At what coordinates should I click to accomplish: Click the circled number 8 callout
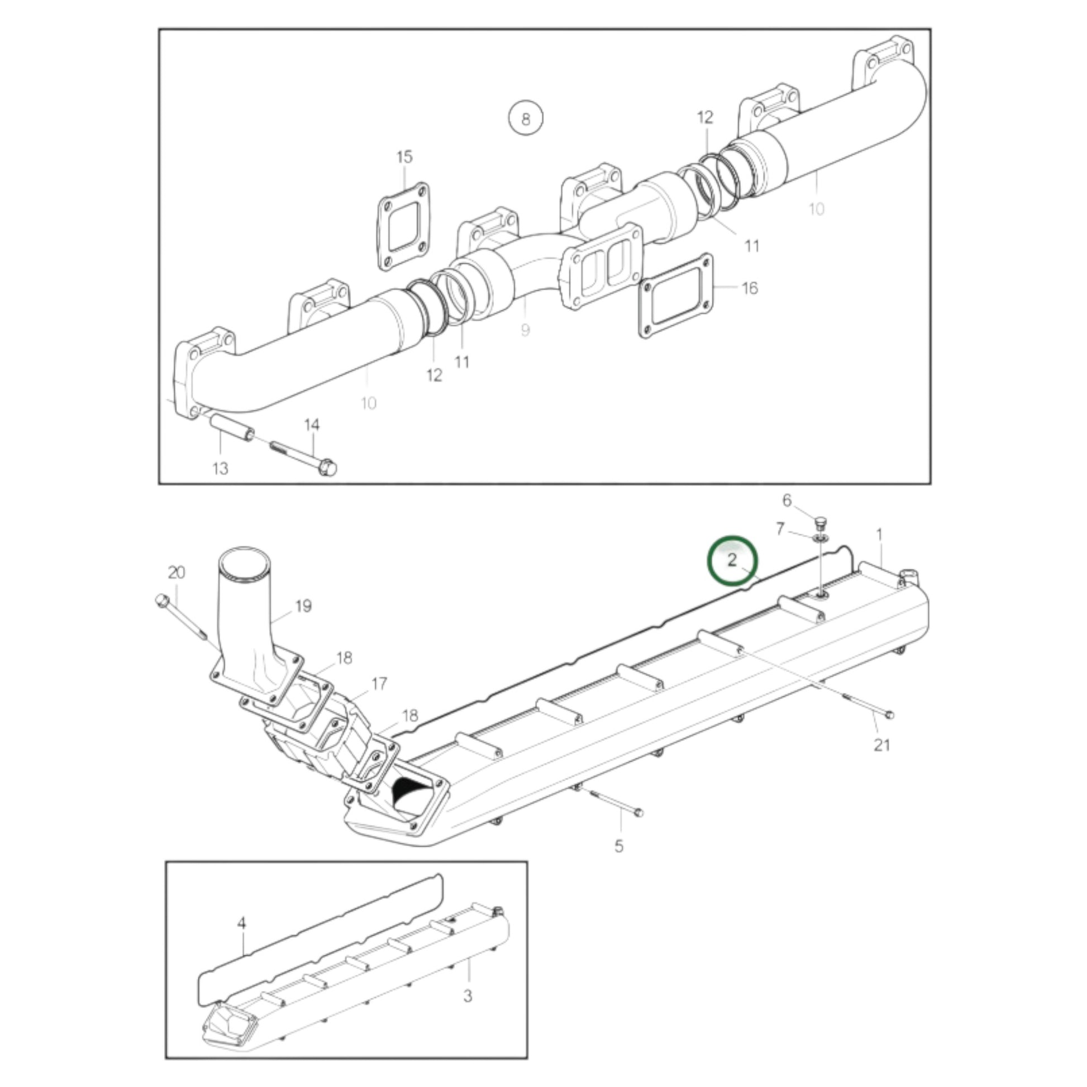[525, 119]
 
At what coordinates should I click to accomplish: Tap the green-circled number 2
[732, 561]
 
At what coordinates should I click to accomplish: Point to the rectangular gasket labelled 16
[676, 296]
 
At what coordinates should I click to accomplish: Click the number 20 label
[176, 573]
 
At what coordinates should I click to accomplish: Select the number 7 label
[780, 529]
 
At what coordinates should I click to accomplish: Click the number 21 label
[881, 745]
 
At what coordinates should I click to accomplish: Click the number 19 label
[303, 606]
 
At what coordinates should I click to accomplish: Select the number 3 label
[468, 996]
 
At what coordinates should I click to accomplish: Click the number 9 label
[525, 330]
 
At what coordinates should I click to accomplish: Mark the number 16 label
[750, 288]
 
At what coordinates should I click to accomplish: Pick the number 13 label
[220, 468]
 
